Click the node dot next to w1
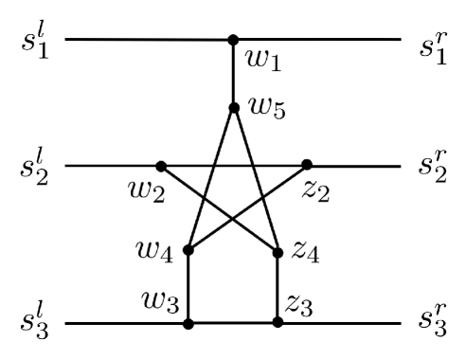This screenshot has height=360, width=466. [x=233, y=41]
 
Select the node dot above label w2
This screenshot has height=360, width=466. [x=161, y=166]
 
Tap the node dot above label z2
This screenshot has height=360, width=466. [x=306, y=166]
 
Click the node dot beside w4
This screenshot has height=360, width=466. [x=188, y=251]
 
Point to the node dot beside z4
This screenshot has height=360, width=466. [x=278, y=253]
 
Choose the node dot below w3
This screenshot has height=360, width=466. [x=188, y=323]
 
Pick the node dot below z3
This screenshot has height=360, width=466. [x=278, y=323]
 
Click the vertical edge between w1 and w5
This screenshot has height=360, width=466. [x=233, y=74]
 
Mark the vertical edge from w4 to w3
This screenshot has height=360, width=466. [x=188, y=287]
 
